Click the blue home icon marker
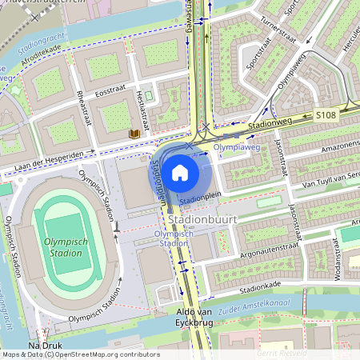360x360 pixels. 180,171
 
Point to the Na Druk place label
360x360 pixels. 45,345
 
